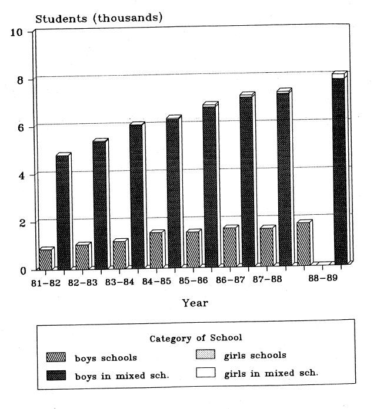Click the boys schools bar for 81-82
click(45, 259)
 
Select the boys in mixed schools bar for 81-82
click(62, 212)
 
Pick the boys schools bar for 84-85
click(156, 251)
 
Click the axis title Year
click(194, 303)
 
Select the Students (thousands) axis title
click(99, 18)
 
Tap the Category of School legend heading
click(196, 338)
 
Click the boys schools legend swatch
click(56, 357)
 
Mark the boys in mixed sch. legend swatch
click(56, 374)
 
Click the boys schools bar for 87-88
click(266, 247)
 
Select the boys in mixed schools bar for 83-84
click(136, 197)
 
